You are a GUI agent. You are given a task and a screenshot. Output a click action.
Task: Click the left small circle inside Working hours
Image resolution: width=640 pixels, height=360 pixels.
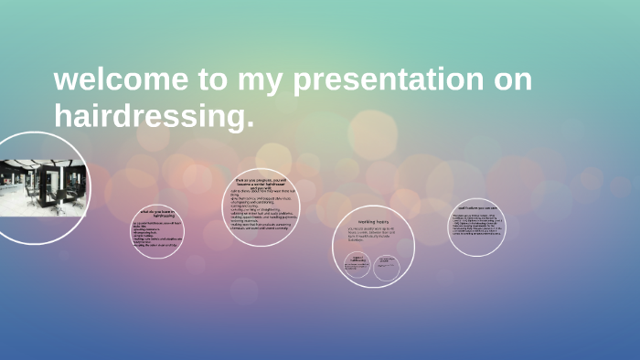357,263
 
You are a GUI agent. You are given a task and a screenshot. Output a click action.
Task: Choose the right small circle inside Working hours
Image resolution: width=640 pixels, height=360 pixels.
387,263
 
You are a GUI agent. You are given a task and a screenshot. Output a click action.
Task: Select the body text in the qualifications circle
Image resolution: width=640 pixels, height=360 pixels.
477,226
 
